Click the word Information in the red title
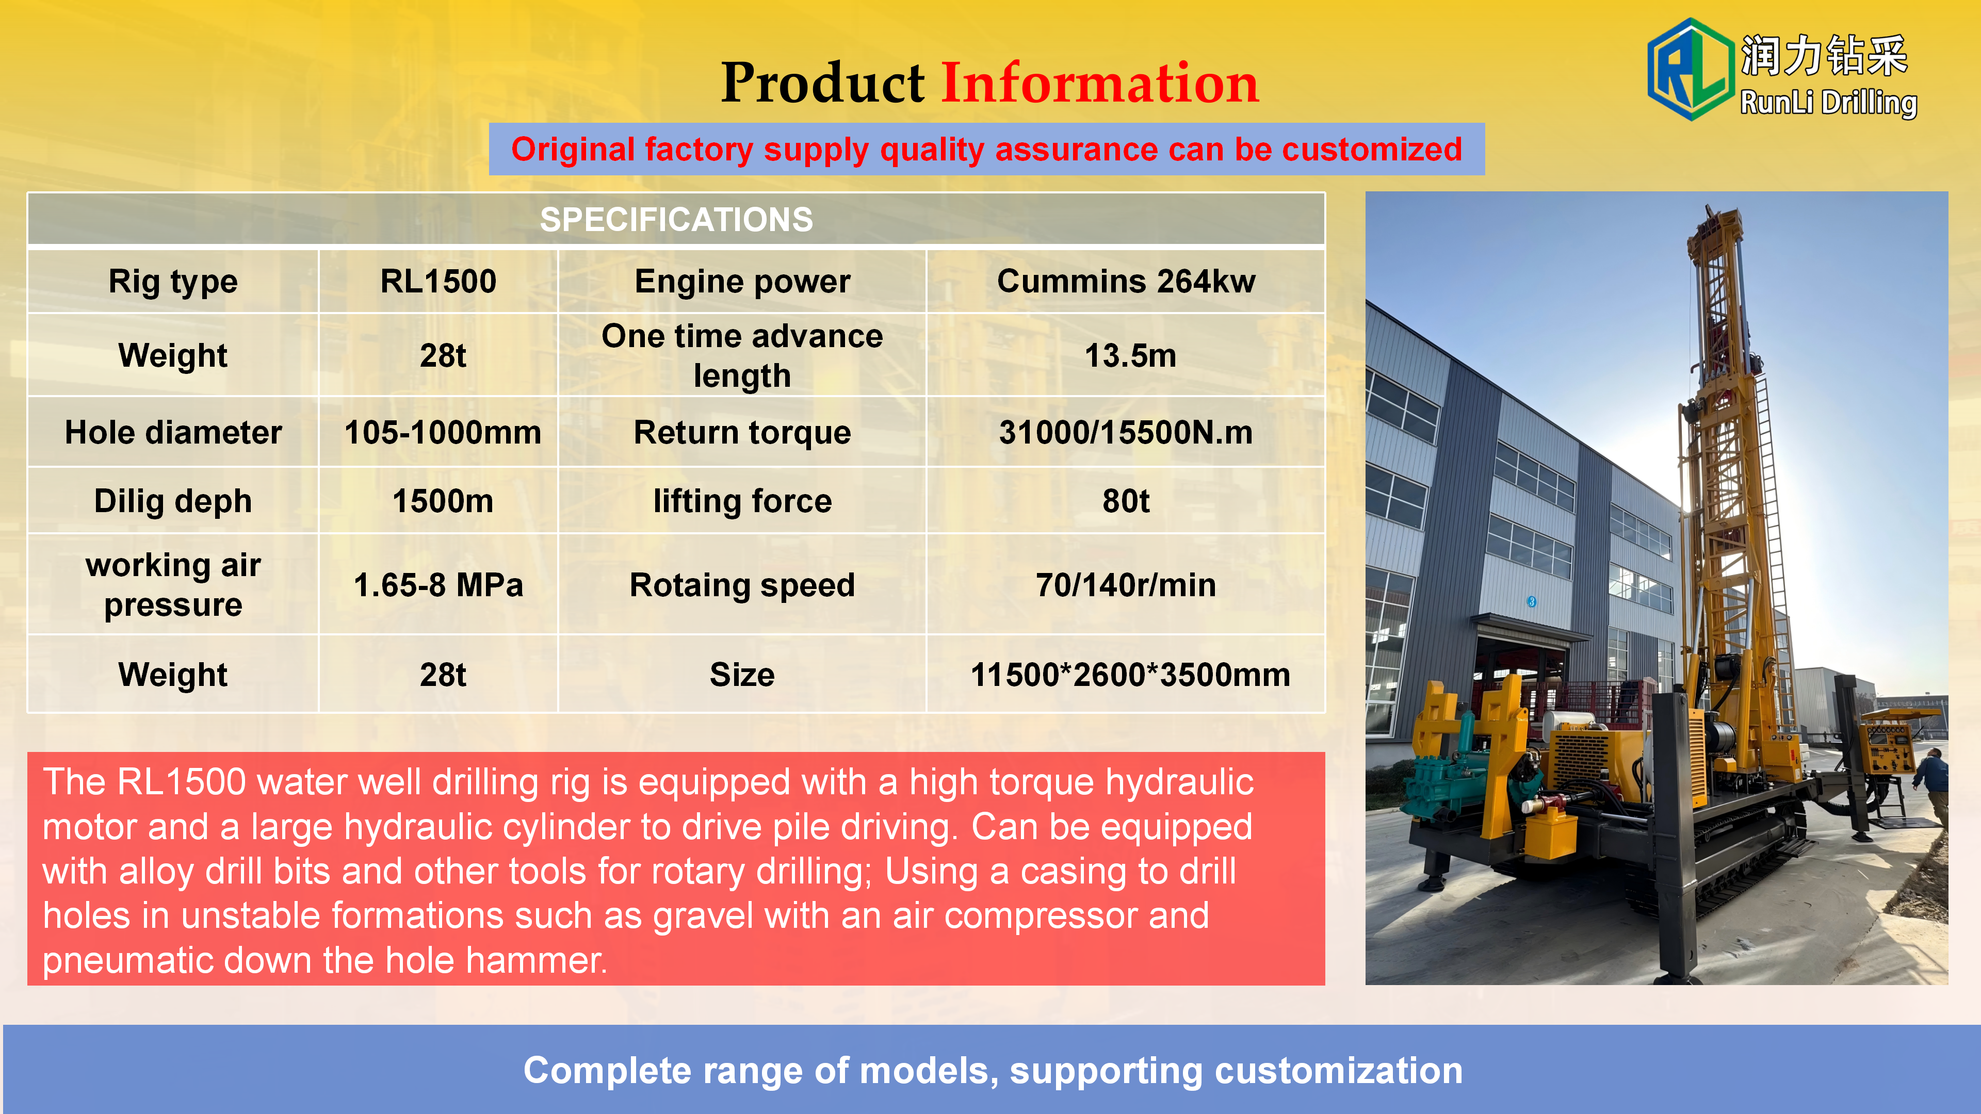1100,83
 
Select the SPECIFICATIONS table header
676,219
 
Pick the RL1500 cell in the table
439,282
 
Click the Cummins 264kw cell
1126,282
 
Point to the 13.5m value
1130,355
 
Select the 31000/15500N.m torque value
1126,432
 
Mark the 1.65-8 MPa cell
439,585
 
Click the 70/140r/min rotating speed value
1126,585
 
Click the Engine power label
742,282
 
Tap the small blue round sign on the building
1531,602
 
